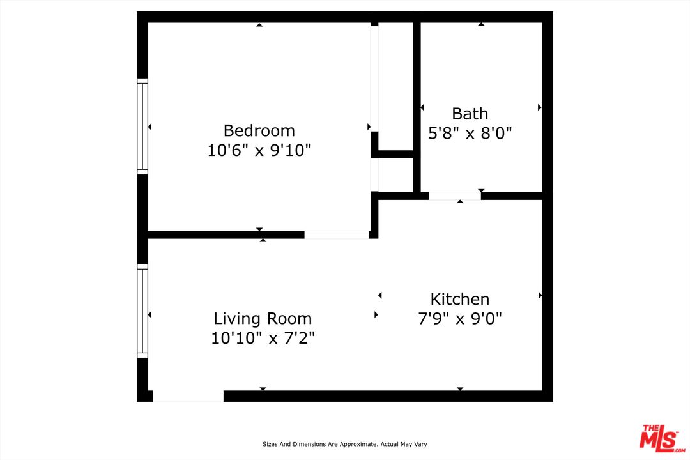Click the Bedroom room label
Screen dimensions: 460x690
(x=259, y=130)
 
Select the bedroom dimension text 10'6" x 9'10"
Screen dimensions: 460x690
(x=259, y=151)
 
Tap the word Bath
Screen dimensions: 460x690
(x=470, y=114)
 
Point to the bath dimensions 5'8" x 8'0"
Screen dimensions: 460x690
(x=470, y=133)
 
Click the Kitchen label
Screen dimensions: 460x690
(x=459, y=299)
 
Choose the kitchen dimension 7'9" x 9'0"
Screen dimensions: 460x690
(x=459, y=318)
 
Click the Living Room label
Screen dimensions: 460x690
(x=263, y=318)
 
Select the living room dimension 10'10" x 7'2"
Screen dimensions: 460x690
(x=263, y=338)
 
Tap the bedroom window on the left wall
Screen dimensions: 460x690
(x=142, y=126)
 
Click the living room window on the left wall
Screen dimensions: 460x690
(x=142, y=311)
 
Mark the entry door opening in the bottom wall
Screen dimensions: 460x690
(x=188, y=396)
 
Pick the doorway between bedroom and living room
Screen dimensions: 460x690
(x=336, y=234)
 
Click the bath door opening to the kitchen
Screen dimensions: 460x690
(x=454, y=195)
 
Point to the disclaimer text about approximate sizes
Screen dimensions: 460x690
(x=345, y=444)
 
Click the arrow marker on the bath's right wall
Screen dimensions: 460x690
(x=540, y=107)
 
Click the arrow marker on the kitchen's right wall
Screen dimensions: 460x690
(x=540, y=295)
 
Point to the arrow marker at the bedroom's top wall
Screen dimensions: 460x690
(x=259, y=25)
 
